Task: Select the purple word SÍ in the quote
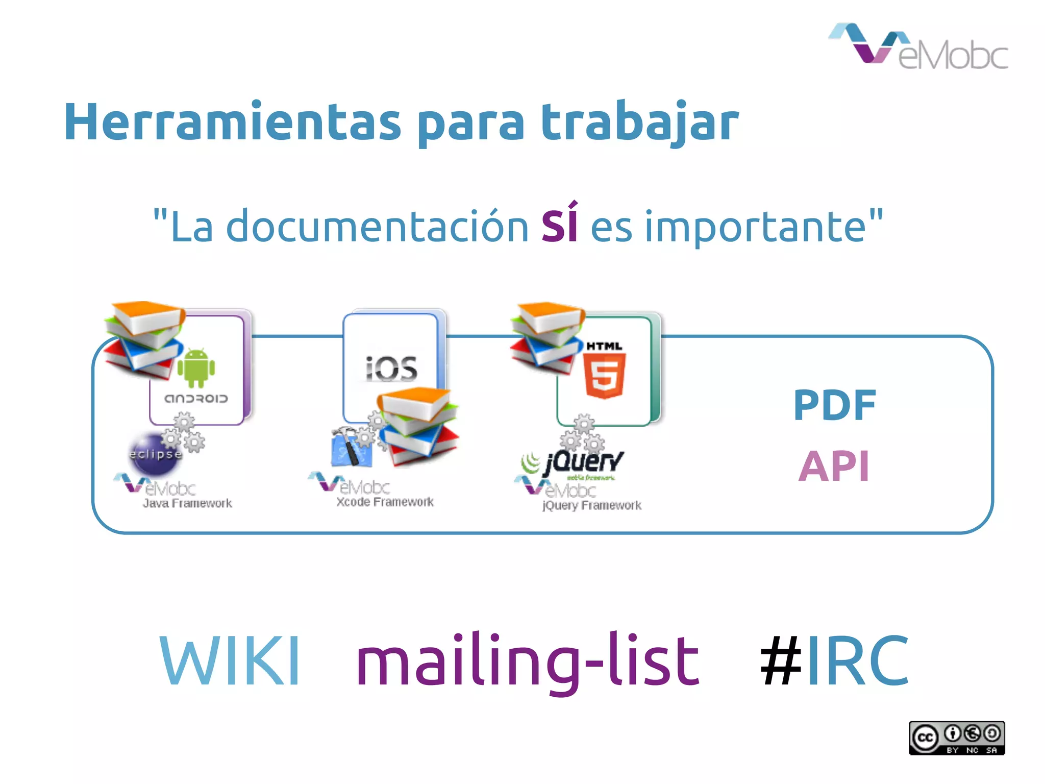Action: tap(559, 225)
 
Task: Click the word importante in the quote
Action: tap(755, 227)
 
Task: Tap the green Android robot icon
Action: tap(196, 367)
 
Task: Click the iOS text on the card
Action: tap(391, 369)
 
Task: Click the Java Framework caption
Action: tap(187, 504)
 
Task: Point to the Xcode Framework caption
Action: tap(385, 502)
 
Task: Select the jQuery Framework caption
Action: tap(591, 506)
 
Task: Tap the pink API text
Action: tap(834, 466)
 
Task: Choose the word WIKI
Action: tap(230, 660)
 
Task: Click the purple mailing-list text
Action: tap(528, 661)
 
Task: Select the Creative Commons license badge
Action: tap(957, 738)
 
